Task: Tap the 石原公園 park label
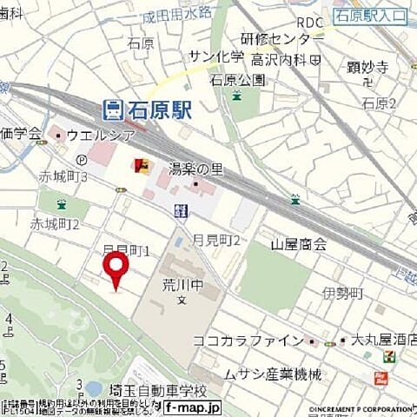pyautogui.click(x=237, y=80)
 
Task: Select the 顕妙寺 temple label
pyautogui.click(x=366, y=65)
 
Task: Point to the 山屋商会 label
pyautogui.click(x=298, y=245)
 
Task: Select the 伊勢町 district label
pyautogui.click(x=340, y=295)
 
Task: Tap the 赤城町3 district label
pyautogui.click(x=63, y=176)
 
